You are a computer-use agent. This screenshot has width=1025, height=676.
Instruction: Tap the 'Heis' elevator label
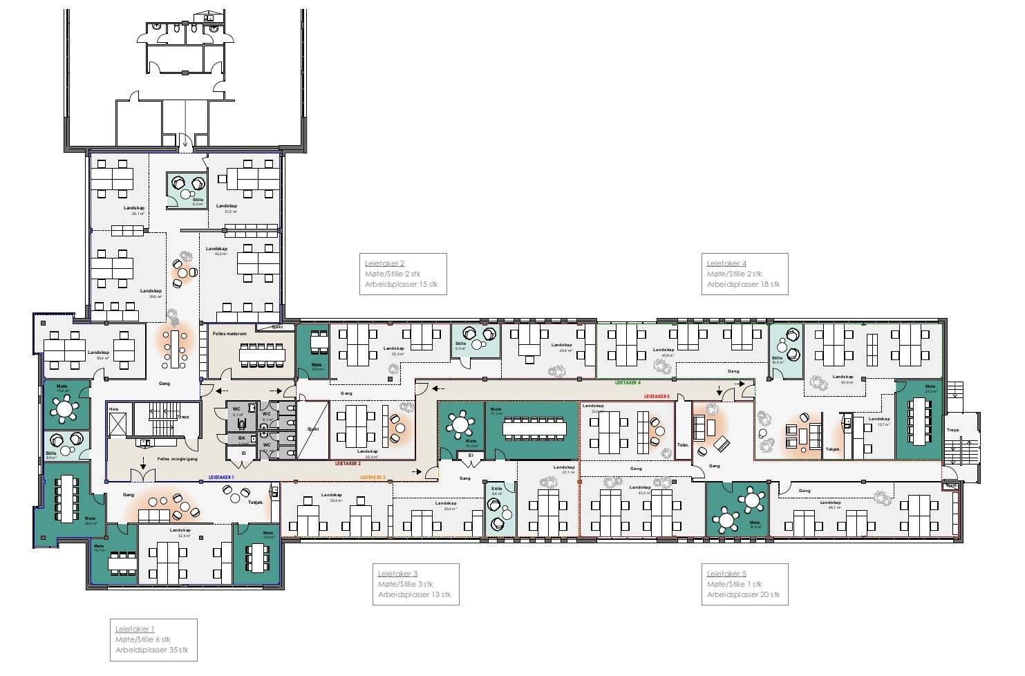click(x=113, y=409)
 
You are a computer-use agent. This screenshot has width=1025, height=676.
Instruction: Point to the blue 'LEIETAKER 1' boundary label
click(x=221, y=478)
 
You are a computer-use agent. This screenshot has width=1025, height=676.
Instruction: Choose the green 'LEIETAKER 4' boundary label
click(x=628, y=382)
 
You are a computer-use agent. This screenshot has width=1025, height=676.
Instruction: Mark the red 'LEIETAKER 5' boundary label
click(x=657, y=396)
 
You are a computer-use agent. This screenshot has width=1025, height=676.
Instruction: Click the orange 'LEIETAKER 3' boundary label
click(x=373, y=478)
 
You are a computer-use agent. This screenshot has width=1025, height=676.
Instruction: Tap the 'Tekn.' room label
click(x=683, y=444)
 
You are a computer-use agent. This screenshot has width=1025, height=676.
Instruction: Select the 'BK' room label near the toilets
click(x=242, y=438)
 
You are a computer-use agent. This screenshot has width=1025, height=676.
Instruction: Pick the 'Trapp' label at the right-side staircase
click(x=953, y=430)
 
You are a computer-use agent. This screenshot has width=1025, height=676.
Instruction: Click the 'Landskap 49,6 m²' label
click(x=843, y=379)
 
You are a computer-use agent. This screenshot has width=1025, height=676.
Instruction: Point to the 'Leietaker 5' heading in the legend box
click(x=726, y=574)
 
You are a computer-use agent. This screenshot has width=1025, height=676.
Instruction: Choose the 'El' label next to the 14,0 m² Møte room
click(x=471, y=456)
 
